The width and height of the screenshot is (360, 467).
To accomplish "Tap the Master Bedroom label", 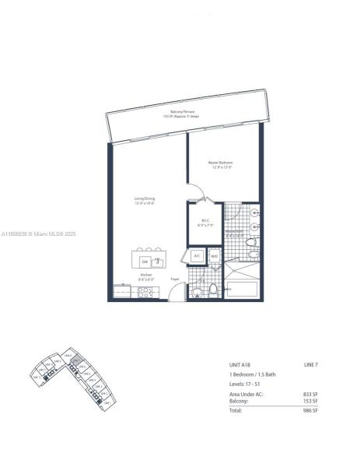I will (222, 164).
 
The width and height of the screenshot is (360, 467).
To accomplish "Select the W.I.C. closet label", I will (205, 221).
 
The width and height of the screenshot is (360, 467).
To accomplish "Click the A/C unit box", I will (197, 255).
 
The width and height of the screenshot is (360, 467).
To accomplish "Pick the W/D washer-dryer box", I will (214, 255).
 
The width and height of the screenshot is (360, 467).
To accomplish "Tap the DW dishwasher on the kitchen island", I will (145, 262).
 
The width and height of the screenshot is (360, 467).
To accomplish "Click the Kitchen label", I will (145, 277).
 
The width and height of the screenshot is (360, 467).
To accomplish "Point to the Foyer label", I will (175, 279).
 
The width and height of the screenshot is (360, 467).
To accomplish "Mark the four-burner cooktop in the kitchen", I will (145, 292).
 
